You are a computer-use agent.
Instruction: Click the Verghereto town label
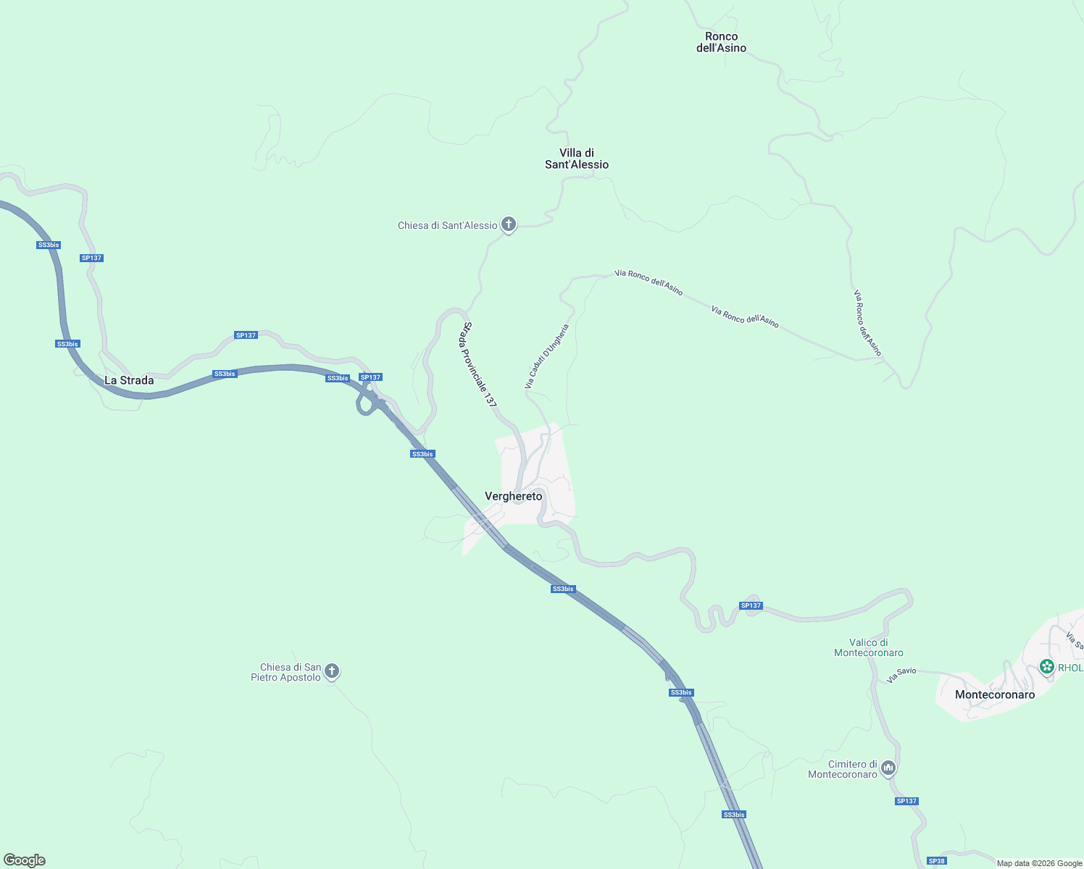pyautogui.click(x=513, y=496)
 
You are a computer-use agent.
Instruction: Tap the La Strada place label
pyautogui.click(x=129, y=380)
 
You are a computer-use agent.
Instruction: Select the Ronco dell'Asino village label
pyautogui.click(x=721, y=42)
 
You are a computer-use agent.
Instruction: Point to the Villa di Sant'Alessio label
pyautogui.click(x=577, y=159)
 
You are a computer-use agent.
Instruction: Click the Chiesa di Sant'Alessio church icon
pyautogui.click(x=509, y=225)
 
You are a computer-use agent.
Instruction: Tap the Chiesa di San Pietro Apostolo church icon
pyautogui.click(x=332, y=671)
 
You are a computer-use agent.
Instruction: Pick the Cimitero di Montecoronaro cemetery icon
pyautogui.click(x=888, y=768)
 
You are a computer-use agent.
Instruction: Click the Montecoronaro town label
pyautogui.click(x=995, y=694)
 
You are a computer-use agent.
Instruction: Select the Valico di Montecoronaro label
pyautogui.click(x=869, y=647)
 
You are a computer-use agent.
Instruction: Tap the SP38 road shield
pyautogui.click(x=937, y=861)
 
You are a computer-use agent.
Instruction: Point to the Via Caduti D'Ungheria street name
pyautogui.click(x=547, y=356)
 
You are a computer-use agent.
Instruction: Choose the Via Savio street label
pyautogui.click(x=901, y=675)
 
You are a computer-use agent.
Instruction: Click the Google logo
pyautogui.click(x=25, y=860)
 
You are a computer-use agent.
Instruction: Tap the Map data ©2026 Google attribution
pyautogui.click(x=1039, y=863)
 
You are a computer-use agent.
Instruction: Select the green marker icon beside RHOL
pyautogui.click(x=1046, y=666)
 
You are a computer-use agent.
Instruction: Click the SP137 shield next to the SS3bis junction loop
pyautogui.click(x=370, y=377)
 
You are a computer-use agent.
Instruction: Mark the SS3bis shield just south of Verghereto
pyautogui.click(x=563, y=589)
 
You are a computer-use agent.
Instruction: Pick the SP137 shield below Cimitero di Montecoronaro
pyautogui.click(x=906, y=801)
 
